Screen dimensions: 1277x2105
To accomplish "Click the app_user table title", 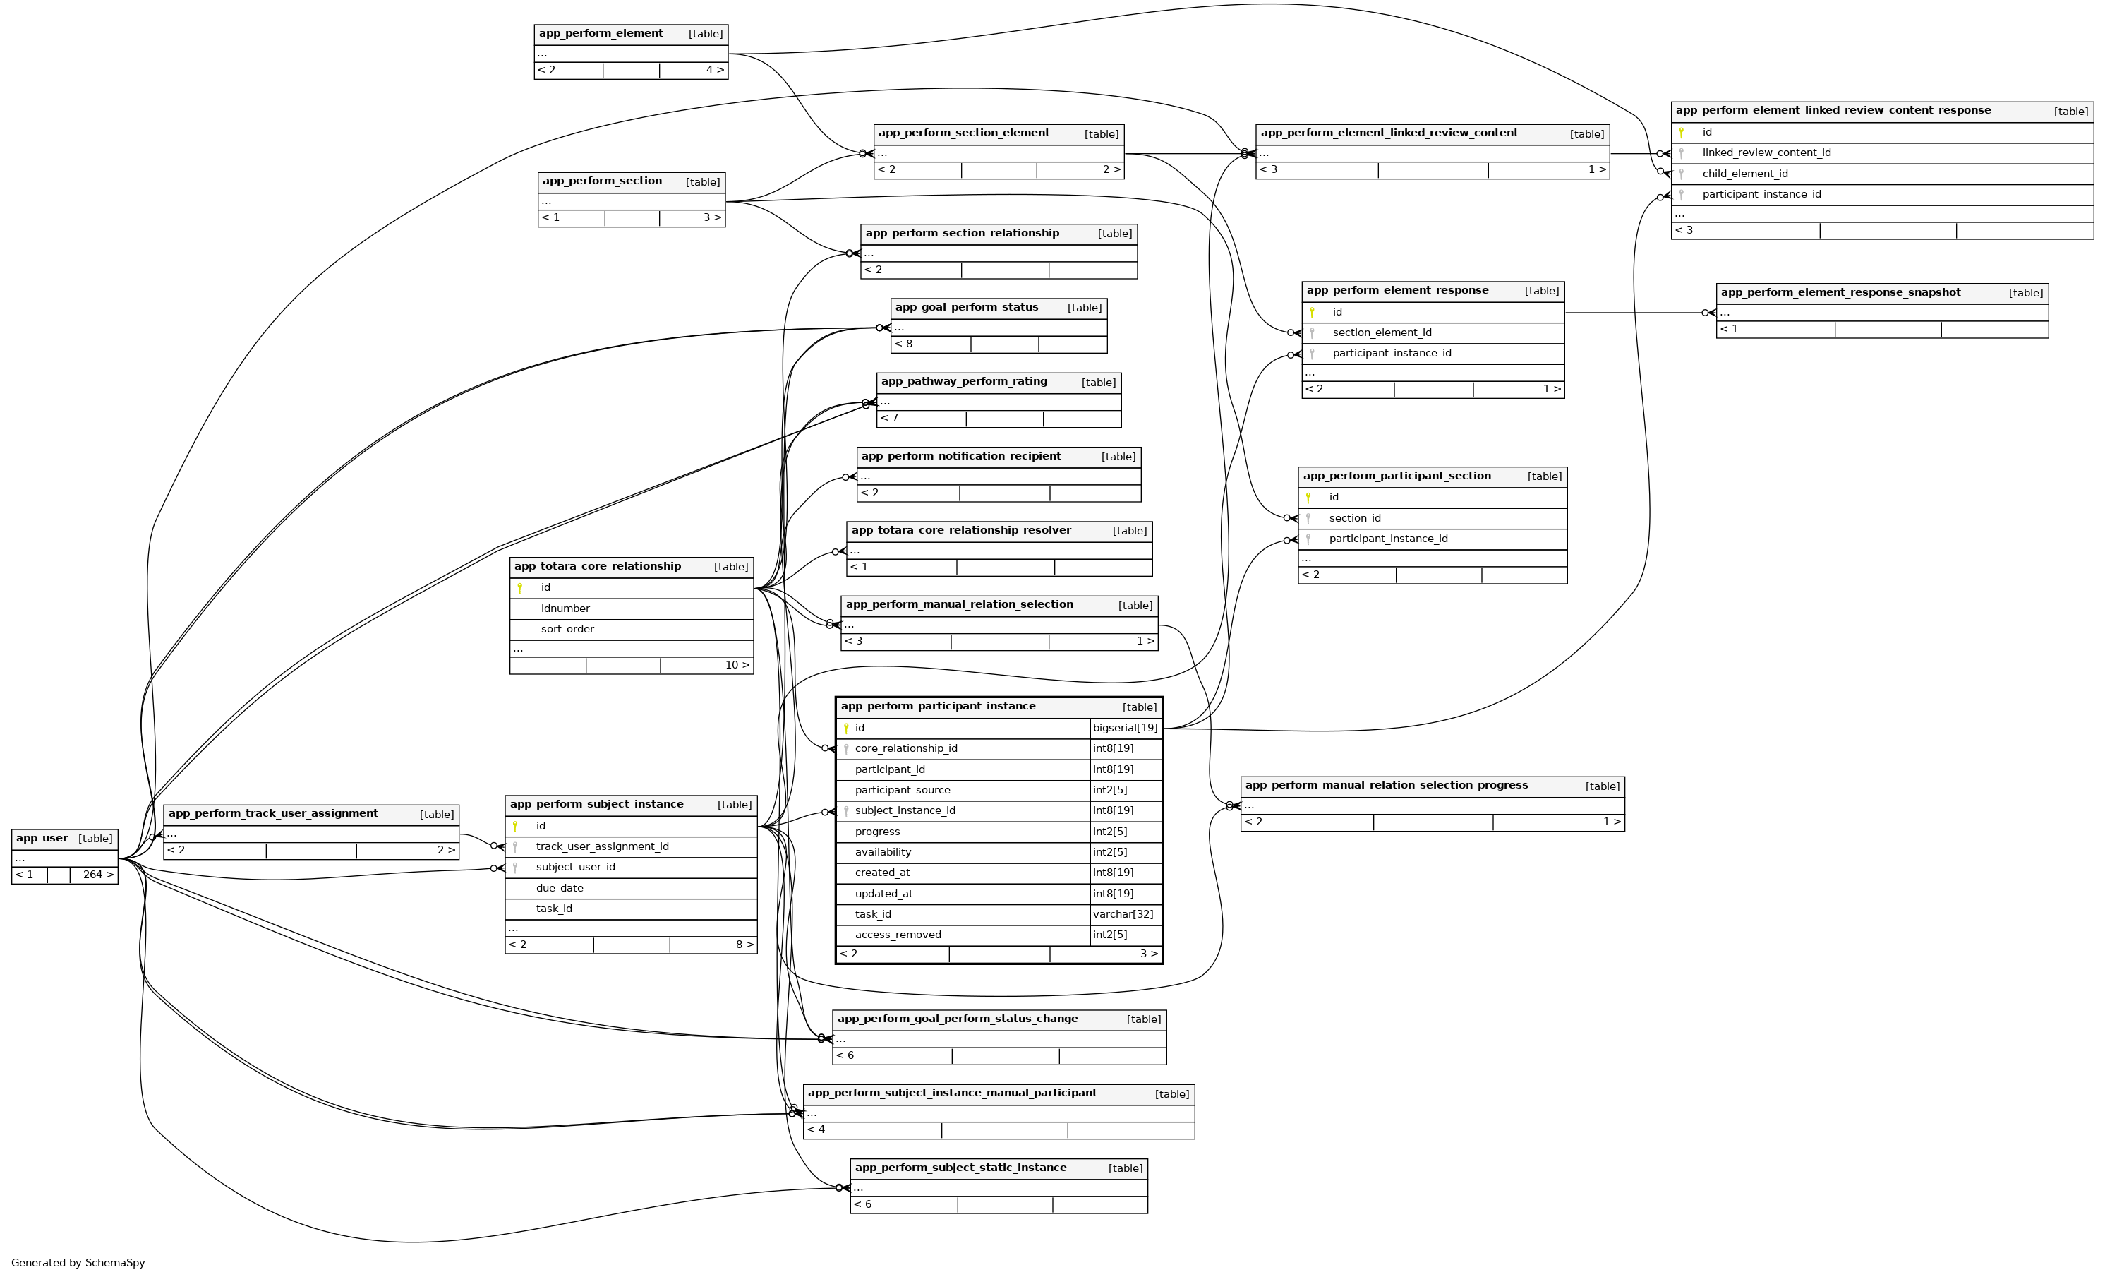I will [42, 839].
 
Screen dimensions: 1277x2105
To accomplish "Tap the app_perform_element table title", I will [601, 34].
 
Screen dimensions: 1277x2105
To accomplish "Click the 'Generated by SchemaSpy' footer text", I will [78, 1262].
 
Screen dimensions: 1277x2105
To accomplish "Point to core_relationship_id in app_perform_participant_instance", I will [905, 749].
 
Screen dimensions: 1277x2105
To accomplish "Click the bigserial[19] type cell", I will [1125, 729].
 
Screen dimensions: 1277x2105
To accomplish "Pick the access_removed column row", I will [898, 935].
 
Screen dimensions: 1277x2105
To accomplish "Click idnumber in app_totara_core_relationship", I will [565, 608].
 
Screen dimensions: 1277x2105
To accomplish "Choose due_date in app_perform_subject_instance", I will [560, 888].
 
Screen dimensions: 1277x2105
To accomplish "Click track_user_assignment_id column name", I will [601, 847].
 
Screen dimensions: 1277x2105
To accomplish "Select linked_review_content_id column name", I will [1766, 153].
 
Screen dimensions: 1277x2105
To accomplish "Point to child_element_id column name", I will [1744, 174].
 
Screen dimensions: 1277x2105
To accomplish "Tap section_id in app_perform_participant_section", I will [1354, 518].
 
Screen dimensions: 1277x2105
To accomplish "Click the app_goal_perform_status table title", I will [966, 308].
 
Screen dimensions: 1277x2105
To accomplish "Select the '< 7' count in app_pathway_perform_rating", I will [889, 418].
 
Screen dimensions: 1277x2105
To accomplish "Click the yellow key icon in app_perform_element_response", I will [1311, 312].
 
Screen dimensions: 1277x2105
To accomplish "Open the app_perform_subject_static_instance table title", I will [960, 1168].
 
